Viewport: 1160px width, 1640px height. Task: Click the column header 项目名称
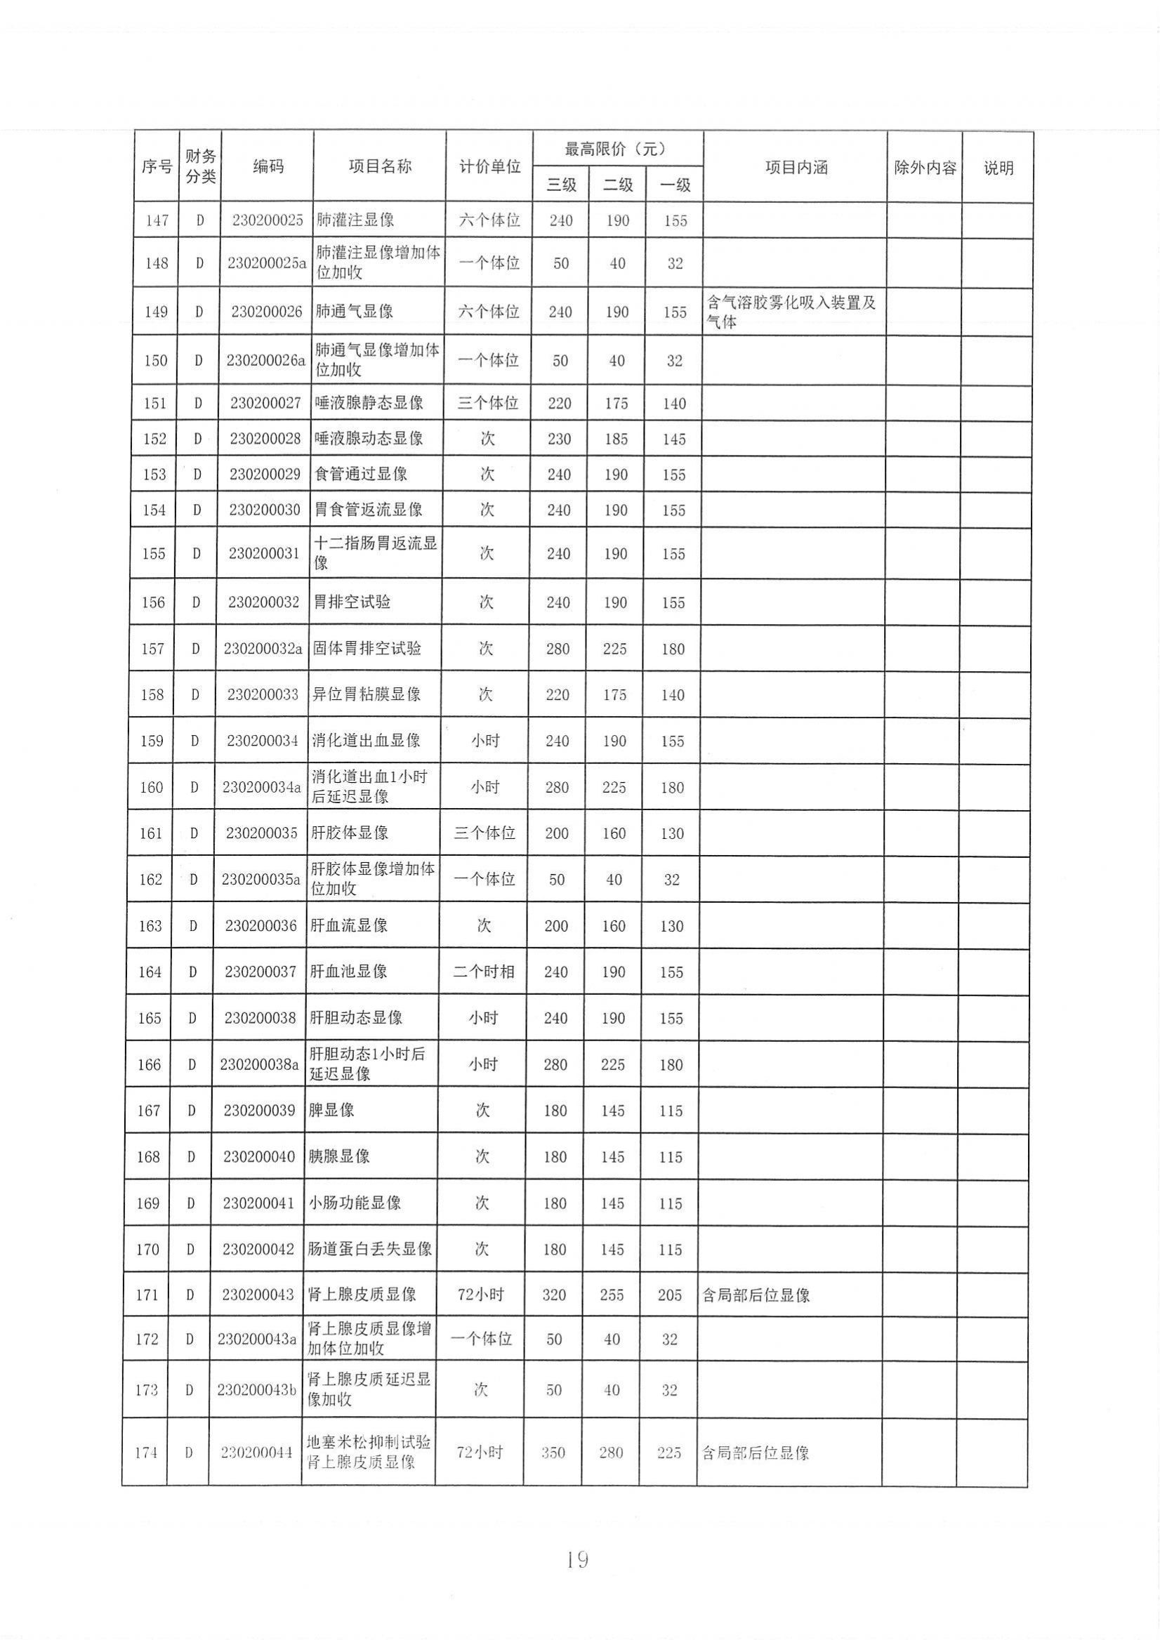(379, 166)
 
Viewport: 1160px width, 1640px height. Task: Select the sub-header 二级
(617, 185)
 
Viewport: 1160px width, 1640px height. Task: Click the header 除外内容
(924, 168)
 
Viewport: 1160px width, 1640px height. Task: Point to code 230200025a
(266, 263)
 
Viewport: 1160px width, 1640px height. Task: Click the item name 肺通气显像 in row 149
(355, 312)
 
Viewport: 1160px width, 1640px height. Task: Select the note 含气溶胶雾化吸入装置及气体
(791, 312)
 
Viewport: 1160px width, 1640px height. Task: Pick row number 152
(154, 439)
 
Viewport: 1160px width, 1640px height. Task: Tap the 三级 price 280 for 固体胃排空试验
(558, 649)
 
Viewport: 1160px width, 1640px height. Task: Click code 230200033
(262, 694)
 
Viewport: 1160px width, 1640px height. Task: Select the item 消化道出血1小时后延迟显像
(369, 786)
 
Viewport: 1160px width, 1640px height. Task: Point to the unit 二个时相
(484, 972)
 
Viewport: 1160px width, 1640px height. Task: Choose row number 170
(147, 1249)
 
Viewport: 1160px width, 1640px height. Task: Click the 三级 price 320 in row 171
(554, 1295)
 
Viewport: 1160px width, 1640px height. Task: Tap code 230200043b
(256, 1389)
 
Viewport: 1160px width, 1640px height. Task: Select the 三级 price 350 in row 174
(553, 1452)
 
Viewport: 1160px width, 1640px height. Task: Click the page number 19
(576, 1559)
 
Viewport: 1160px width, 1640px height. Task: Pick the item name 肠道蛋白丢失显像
(369, 1248)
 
